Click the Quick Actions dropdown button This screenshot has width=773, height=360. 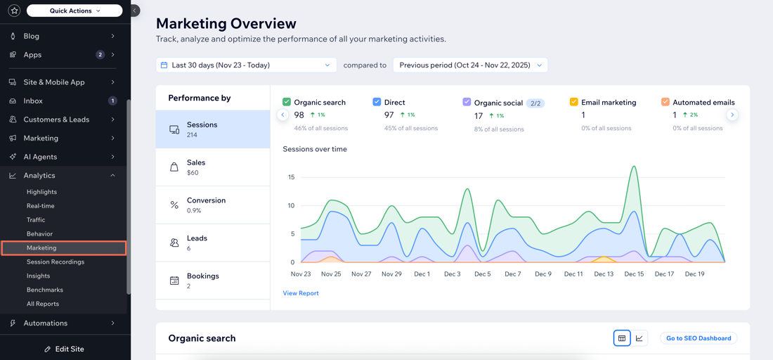74,11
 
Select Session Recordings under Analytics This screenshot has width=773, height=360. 56,262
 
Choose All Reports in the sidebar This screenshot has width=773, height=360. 43,304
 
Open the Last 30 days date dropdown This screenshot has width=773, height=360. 246,65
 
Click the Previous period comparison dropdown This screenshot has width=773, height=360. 470,65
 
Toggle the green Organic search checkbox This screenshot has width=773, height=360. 287,102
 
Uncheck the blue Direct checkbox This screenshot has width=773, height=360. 377,102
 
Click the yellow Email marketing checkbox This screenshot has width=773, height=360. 573,102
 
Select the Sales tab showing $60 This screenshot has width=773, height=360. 213,167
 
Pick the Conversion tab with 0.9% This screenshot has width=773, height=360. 213,205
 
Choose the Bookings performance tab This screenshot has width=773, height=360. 213,281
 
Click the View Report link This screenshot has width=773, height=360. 301,293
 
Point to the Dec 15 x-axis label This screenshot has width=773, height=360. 634,274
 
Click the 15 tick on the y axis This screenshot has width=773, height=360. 291,177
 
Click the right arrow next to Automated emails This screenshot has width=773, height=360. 732,115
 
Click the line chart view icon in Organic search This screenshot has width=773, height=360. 639,338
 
